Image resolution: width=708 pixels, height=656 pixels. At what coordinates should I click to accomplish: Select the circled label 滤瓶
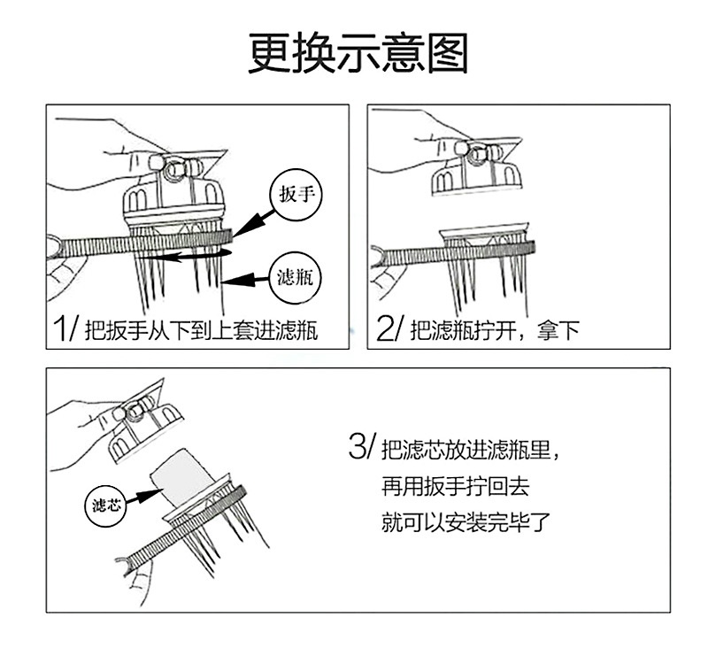296,278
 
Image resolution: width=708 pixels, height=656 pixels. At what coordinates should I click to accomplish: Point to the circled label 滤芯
109,505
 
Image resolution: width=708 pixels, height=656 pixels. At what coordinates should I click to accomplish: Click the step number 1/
65,330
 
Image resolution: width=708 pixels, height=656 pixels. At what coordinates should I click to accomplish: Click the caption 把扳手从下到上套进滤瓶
201,332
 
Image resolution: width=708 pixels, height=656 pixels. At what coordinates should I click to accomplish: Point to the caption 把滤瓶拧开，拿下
496,332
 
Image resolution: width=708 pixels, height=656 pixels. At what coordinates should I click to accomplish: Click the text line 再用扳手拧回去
454,486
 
